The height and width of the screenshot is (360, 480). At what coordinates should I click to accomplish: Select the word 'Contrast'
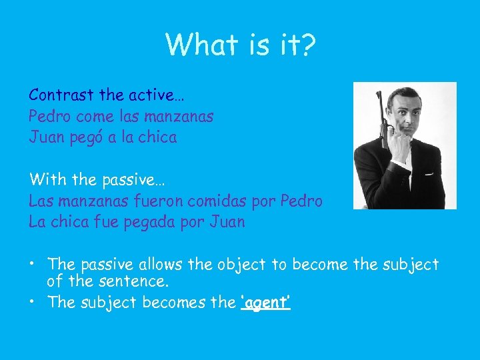(61, 95)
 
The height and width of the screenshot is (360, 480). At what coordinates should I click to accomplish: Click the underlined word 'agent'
(265, 303)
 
